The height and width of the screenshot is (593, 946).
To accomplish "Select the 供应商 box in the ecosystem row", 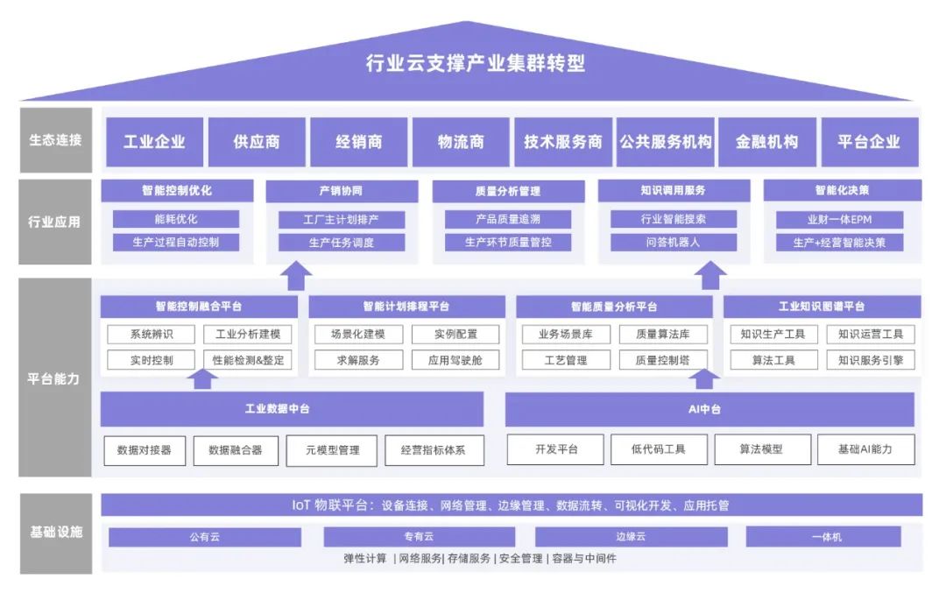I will point(257,142).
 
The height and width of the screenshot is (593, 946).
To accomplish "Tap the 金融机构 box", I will point(767,142).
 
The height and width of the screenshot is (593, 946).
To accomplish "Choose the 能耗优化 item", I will point(176,219).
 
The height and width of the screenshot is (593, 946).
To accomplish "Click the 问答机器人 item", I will point(673,243).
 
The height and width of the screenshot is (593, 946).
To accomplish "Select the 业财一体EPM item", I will point(839,219).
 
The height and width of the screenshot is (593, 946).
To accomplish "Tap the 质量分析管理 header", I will point(508,191).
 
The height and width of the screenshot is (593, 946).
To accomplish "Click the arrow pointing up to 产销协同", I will point(298,277).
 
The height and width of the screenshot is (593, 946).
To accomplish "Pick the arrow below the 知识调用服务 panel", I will point(712,277).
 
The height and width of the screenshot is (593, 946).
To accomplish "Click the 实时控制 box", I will point(152,360).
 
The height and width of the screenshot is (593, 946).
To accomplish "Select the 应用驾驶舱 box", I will point(455,360).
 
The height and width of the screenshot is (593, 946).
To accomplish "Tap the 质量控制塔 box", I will point(663,360).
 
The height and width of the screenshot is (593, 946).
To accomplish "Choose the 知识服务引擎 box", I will point(870,360).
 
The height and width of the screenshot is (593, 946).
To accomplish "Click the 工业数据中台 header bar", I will point(291,409).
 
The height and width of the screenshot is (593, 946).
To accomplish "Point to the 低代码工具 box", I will point(658,449).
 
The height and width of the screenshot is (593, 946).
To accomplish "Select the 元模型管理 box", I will point(332,450).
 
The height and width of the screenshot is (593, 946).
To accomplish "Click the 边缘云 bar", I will point(630,537).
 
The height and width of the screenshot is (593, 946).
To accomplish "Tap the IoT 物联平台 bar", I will point(512,505).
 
